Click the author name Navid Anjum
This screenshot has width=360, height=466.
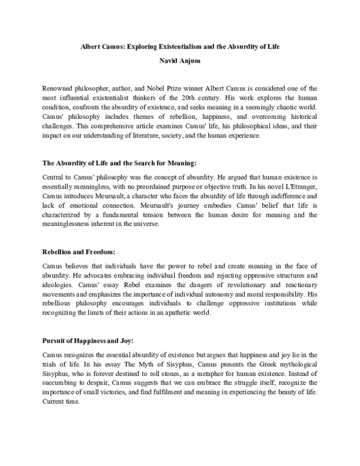coord(180,61)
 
